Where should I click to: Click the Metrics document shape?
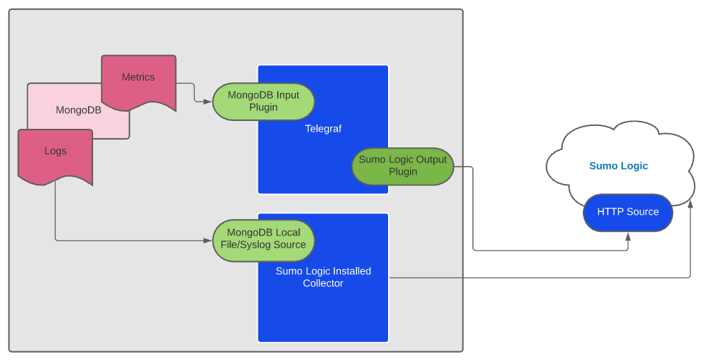point(138,81)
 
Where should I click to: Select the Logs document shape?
point(55,155)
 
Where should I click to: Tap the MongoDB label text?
point(78,110)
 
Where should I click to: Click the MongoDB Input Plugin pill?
point(264,102)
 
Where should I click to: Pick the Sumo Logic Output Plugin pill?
point(402,165)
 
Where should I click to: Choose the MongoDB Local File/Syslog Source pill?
point(264,239)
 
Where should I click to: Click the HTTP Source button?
point(628,212)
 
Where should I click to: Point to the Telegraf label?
point(323,129)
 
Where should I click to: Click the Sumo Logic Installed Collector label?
point(323,278)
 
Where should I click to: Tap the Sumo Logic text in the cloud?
point(618,166)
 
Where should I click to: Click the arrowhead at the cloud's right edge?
point(690,205)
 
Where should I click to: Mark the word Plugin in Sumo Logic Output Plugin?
point(402,172)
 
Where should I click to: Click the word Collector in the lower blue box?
point(323,283)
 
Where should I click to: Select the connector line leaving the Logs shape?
point(56,215)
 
